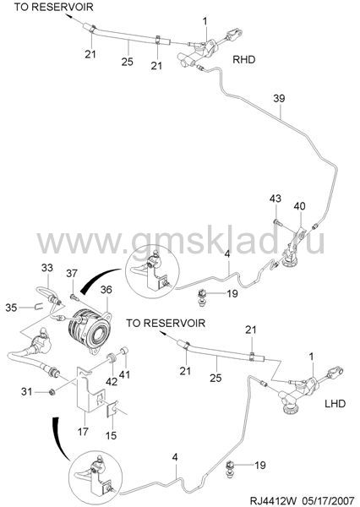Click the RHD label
coord(244,59)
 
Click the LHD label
coord(335,404)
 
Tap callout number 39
coord(279,98)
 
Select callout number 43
coord(275,199)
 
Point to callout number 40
coord(299,206)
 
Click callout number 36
coord(106,290)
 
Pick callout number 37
coord(72,274)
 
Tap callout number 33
coord(46,268)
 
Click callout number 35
coord(11,308)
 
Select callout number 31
coord(27,392)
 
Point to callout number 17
coord(83,431)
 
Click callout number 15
coord(111,435)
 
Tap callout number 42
coord(112,382)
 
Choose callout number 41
coord(125,374)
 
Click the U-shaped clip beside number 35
coord(39,306)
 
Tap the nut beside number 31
coord(51,392)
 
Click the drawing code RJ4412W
coord(272,500)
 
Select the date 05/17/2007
coord(329,500)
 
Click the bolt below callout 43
coord(277,222)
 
